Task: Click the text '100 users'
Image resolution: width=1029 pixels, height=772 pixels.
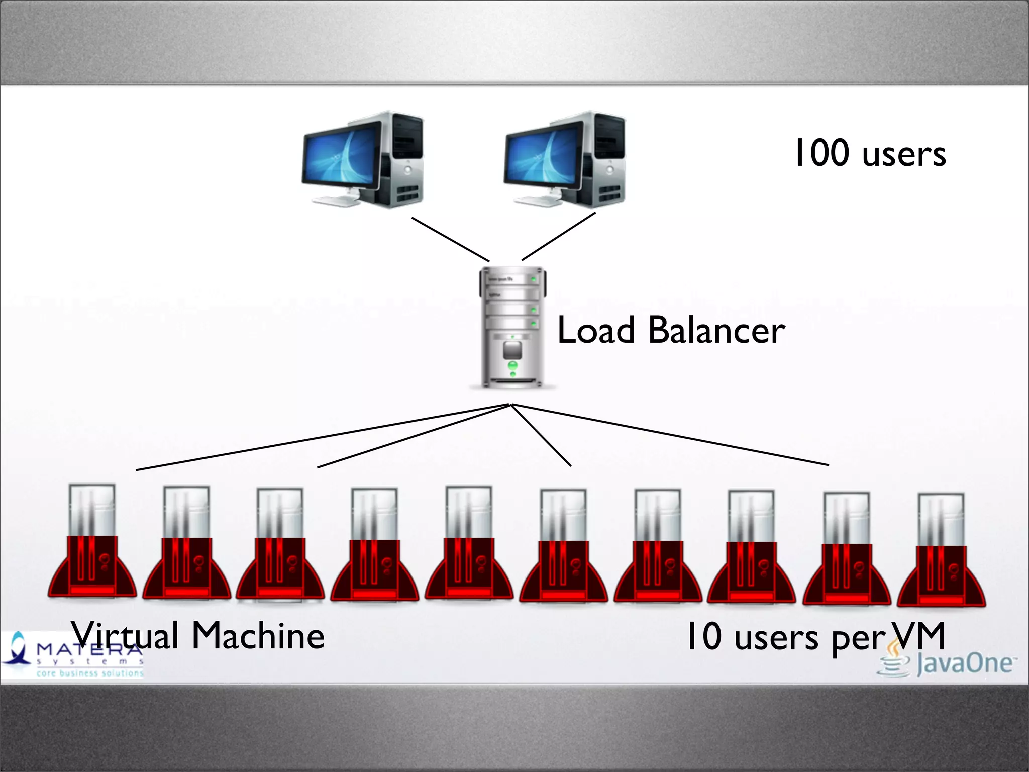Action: tap(870, 153)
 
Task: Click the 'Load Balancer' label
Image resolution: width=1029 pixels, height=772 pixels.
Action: tap(671, 330)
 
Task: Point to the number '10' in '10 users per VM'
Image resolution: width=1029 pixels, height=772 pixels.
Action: tap(704, 636)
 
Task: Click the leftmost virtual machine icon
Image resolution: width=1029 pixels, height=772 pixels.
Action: tap(92, 543)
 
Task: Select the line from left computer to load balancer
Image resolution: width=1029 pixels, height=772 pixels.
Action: tap(450, 239)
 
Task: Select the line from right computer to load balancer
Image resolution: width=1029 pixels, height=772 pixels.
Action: tap(559, 236)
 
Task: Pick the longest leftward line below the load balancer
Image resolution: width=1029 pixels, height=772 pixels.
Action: tap(322, 437)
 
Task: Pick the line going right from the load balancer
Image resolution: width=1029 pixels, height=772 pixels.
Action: tap(671, 435)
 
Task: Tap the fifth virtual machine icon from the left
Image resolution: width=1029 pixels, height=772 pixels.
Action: tap(469, 545)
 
